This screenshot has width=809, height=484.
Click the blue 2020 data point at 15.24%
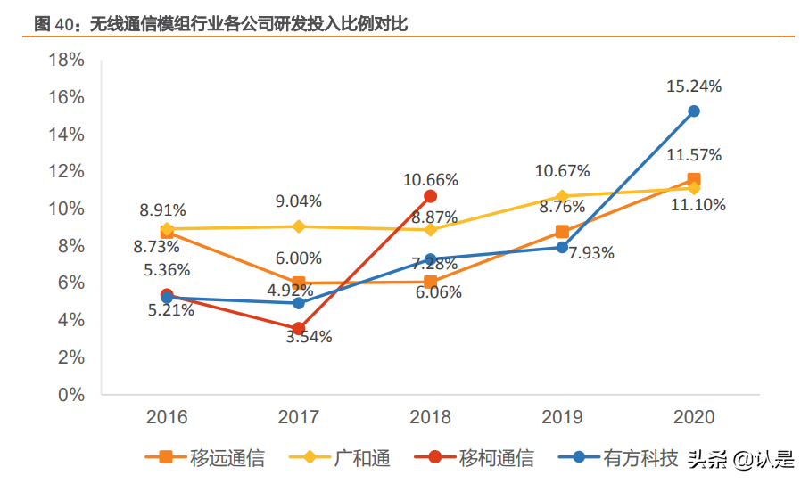tap(693, 111)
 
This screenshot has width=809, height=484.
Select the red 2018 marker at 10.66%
tap(430, 196)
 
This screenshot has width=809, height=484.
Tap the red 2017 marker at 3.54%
tap(299, 329)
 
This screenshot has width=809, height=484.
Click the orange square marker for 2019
tap(562, 232)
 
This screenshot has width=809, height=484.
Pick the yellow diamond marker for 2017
tap(299, 226)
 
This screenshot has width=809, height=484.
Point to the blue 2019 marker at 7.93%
tap(562, 247)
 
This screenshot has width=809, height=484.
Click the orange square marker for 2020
tap(693, 179)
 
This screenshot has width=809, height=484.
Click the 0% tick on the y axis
tap(70, 394)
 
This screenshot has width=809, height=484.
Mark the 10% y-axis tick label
tap(65, 209)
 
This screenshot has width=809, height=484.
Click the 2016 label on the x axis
tap(167, 416)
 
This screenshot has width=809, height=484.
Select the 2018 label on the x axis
tap(430, 416)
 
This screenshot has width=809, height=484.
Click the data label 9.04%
tap(299, 201)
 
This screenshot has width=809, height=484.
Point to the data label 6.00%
tap(299, 258)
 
